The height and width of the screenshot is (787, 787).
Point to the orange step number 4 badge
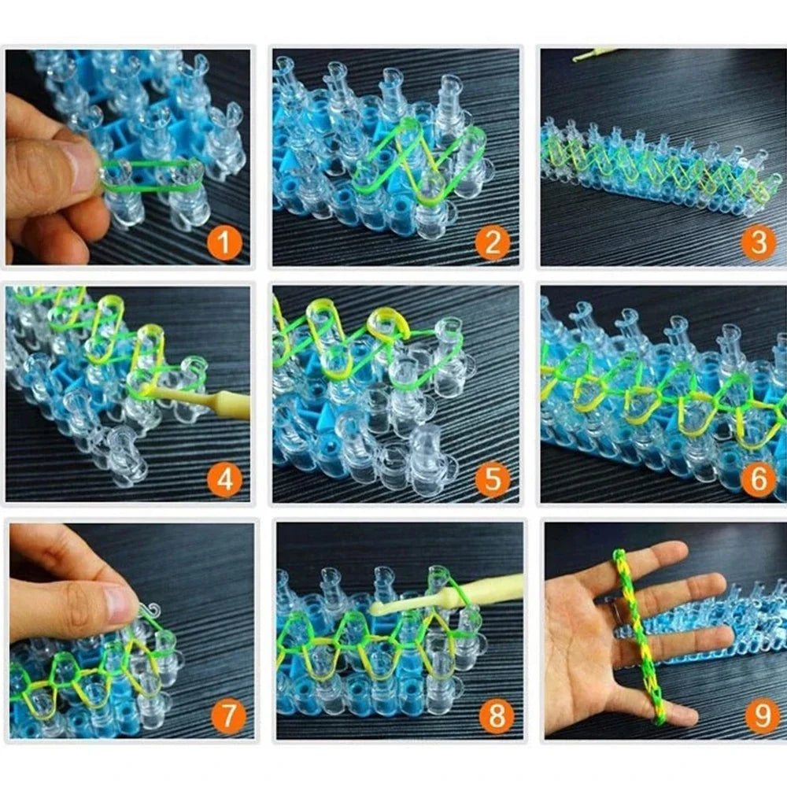(224, 480)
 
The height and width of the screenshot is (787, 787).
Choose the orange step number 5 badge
(492, 480)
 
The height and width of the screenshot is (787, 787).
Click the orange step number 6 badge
(757, 480)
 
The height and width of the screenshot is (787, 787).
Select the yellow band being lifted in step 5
(387, 325)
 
